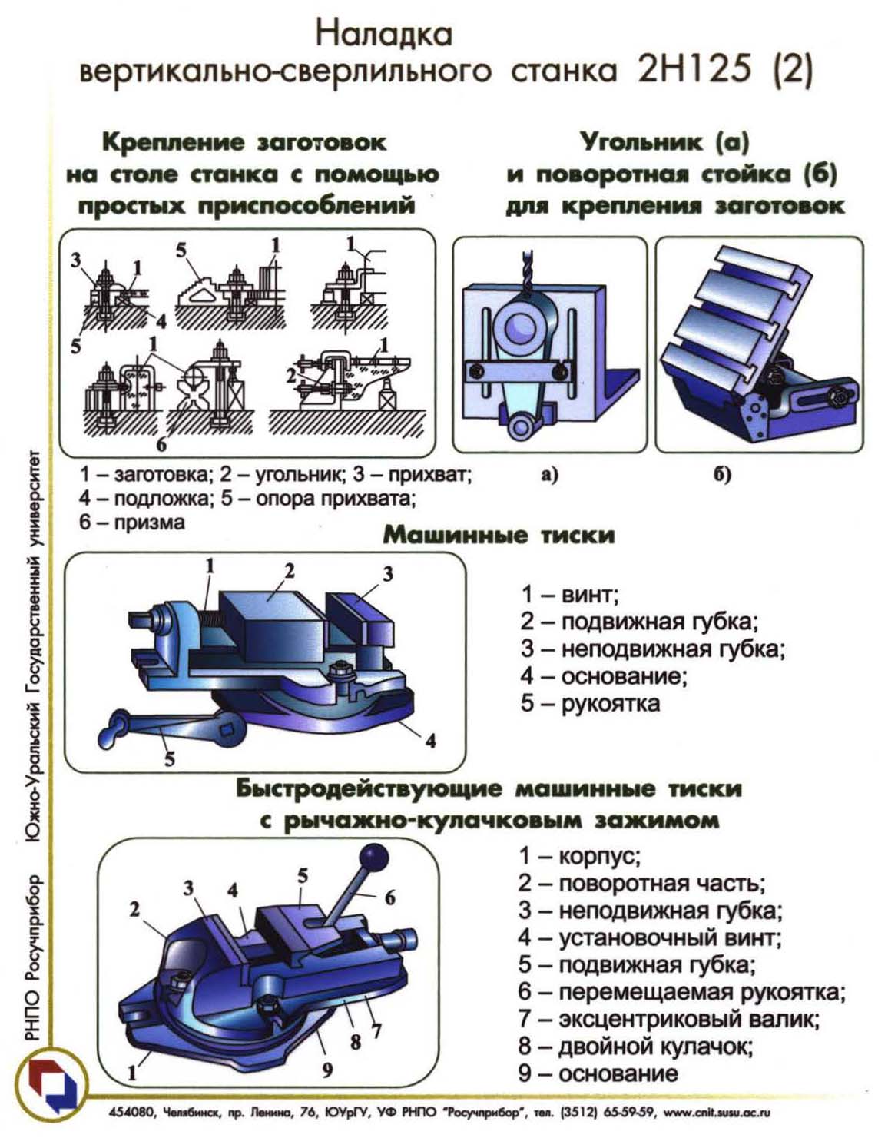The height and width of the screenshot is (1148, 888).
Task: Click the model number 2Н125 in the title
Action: [694, 70]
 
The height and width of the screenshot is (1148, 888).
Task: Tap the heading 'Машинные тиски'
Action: [499, 535]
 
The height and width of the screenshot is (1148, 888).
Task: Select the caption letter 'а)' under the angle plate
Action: [548, 475]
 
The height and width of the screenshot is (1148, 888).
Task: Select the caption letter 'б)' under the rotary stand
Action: [723, 474]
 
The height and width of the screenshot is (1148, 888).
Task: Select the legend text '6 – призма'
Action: [132, 522]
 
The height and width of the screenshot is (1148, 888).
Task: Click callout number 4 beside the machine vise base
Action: [431, 741]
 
